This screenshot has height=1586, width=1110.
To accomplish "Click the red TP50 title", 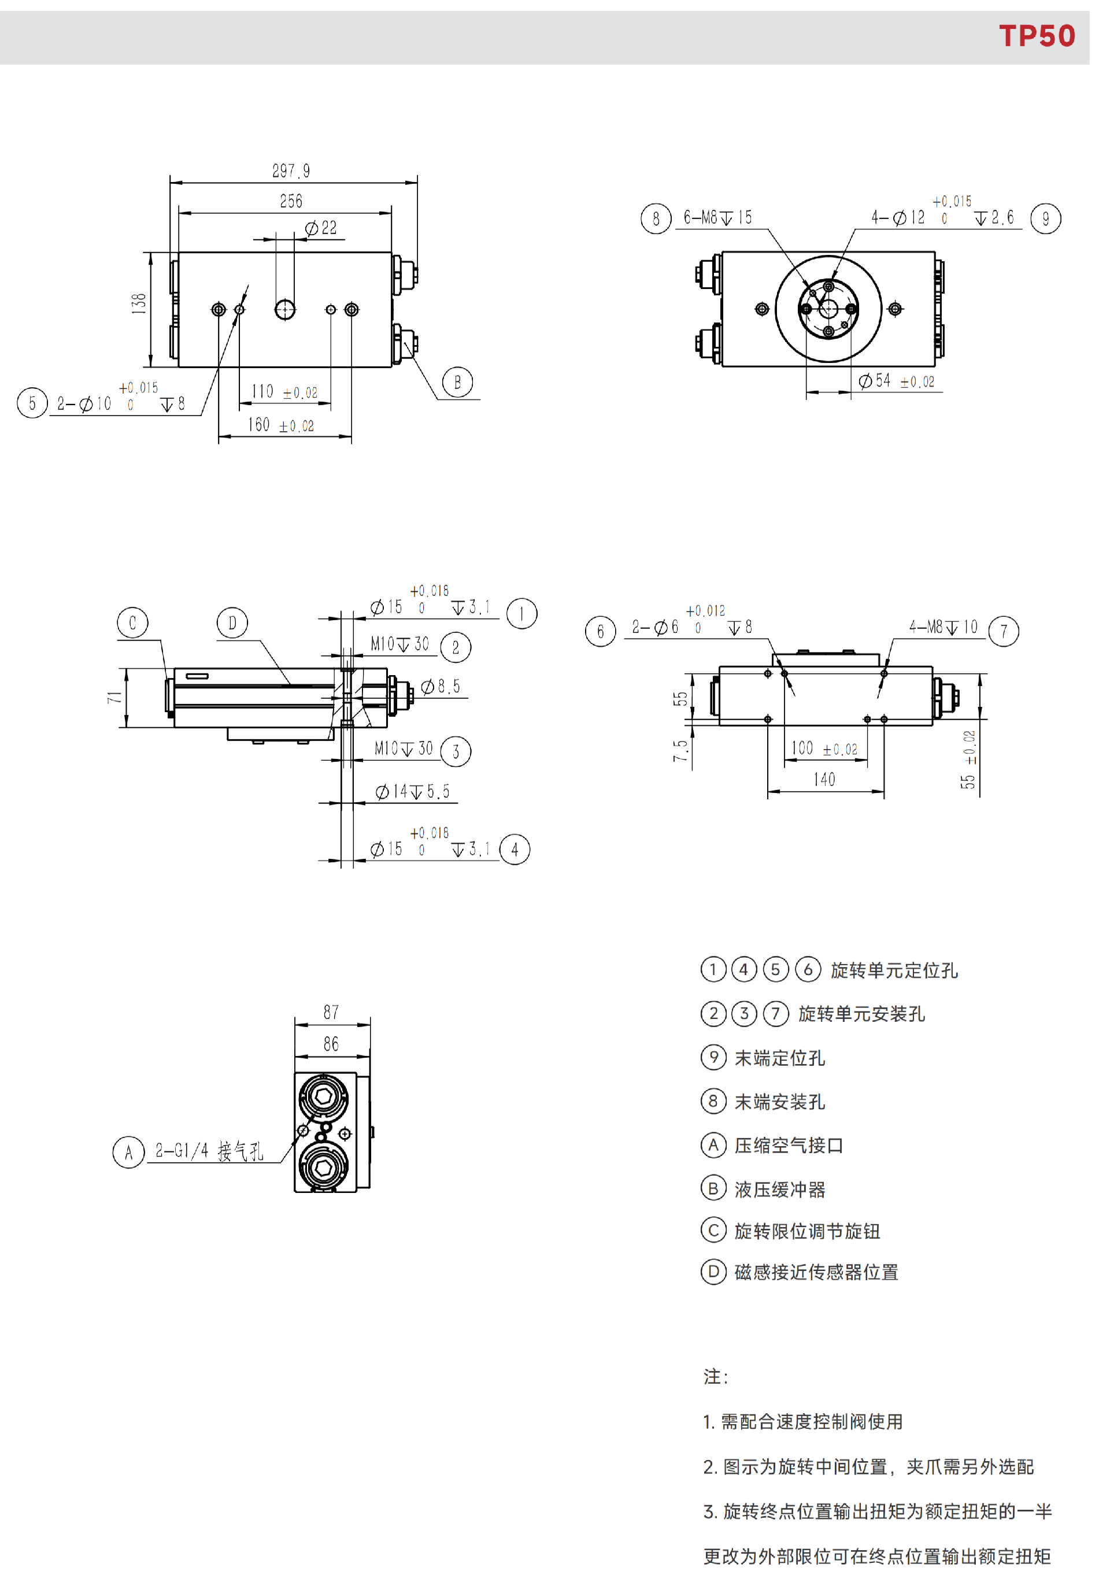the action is pyautogui.click(x=1036, y=36).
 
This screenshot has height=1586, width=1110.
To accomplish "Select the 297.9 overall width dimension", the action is pyautogui.click(x=291, y=171).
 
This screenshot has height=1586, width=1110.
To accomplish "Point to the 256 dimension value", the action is pyautogui.click(x=291, y=201).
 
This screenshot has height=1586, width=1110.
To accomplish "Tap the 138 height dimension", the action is pyautogui.click(x=139, y=304).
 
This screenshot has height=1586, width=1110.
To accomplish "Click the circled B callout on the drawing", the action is pyautogui.click(x=457, y=382).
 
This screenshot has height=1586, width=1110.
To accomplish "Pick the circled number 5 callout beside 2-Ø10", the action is pyautogui.click(x=32, y=403).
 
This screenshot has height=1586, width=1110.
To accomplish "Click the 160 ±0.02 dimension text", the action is pyautogui.click(x=280, y=425).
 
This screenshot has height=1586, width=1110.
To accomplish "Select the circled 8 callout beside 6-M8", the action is pyautogui.click(x=656, y=219).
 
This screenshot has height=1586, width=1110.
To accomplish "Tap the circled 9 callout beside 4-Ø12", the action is pyautogui.click(x=1045, y=219).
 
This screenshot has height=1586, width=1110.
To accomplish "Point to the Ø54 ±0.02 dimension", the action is pyautogui.click(x=896, y=381).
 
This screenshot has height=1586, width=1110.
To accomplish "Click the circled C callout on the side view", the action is pyautogui.click(x=132, y=622).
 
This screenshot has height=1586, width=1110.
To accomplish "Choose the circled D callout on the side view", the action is pyautogui.click(x=232, y=622).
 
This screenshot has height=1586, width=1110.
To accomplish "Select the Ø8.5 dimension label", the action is pyautogui.click(x=440, y=686).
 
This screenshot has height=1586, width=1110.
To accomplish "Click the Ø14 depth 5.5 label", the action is pyautogui.click(x=412, y=792).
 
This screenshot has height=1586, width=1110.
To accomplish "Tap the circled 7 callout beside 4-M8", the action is pyautogui.click(x=1004, y=631).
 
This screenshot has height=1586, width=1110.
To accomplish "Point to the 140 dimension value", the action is pyautogui.click(x=824, y=779).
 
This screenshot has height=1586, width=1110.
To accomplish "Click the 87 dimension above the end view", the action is pyautogui.click(x=331, y=1012).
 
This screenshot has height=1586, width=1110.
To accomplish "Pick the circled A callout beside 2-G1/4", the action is pyautogui.click(x=128, y=1151).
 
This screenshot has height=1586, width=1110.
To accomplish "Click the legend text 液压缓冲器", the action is pyautogui.click(x=780, y=1189).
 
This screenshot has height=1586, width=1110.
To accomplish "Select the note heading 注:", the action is pyautogui.click(x=716, y=1376).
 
